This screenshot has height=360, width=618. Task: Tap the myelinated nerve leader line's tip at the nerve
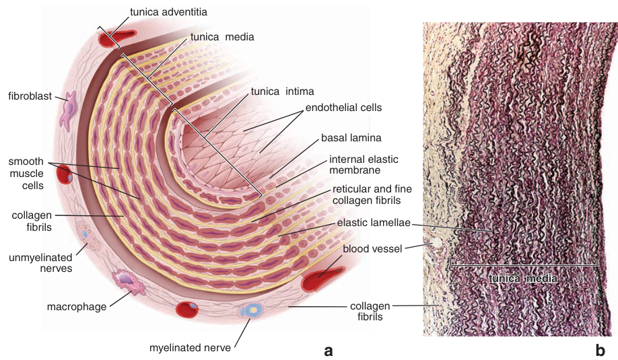click(x=250, y=320)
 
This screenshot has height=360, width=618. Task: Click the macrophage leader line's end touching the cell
click(x=131, y=292)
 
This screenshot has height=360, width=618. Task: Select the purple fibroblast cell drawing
click(x=67, y=110)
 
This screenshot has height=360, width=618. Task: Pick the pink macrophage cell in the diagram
click(x=129, y=281)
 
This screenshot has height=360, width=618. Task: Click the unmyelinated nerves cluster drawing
click(x=88, y=236)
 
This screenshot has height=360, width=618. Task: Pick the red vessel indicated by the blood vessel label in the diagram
click(x=322, y=278)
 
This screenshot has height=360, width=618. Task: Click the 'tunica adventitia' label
click(x=169, y=12)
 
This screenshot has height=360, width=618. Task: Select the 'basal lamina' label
click(x=351, y=138)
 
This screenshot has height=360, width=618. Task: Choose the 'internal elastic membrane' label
click(x=364, y=165)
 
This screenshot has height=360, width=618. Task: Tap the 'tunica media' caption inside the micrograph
click(x=523, y=279)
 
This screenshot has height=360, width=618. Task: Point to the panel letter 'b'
click(x=600, y=350)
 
